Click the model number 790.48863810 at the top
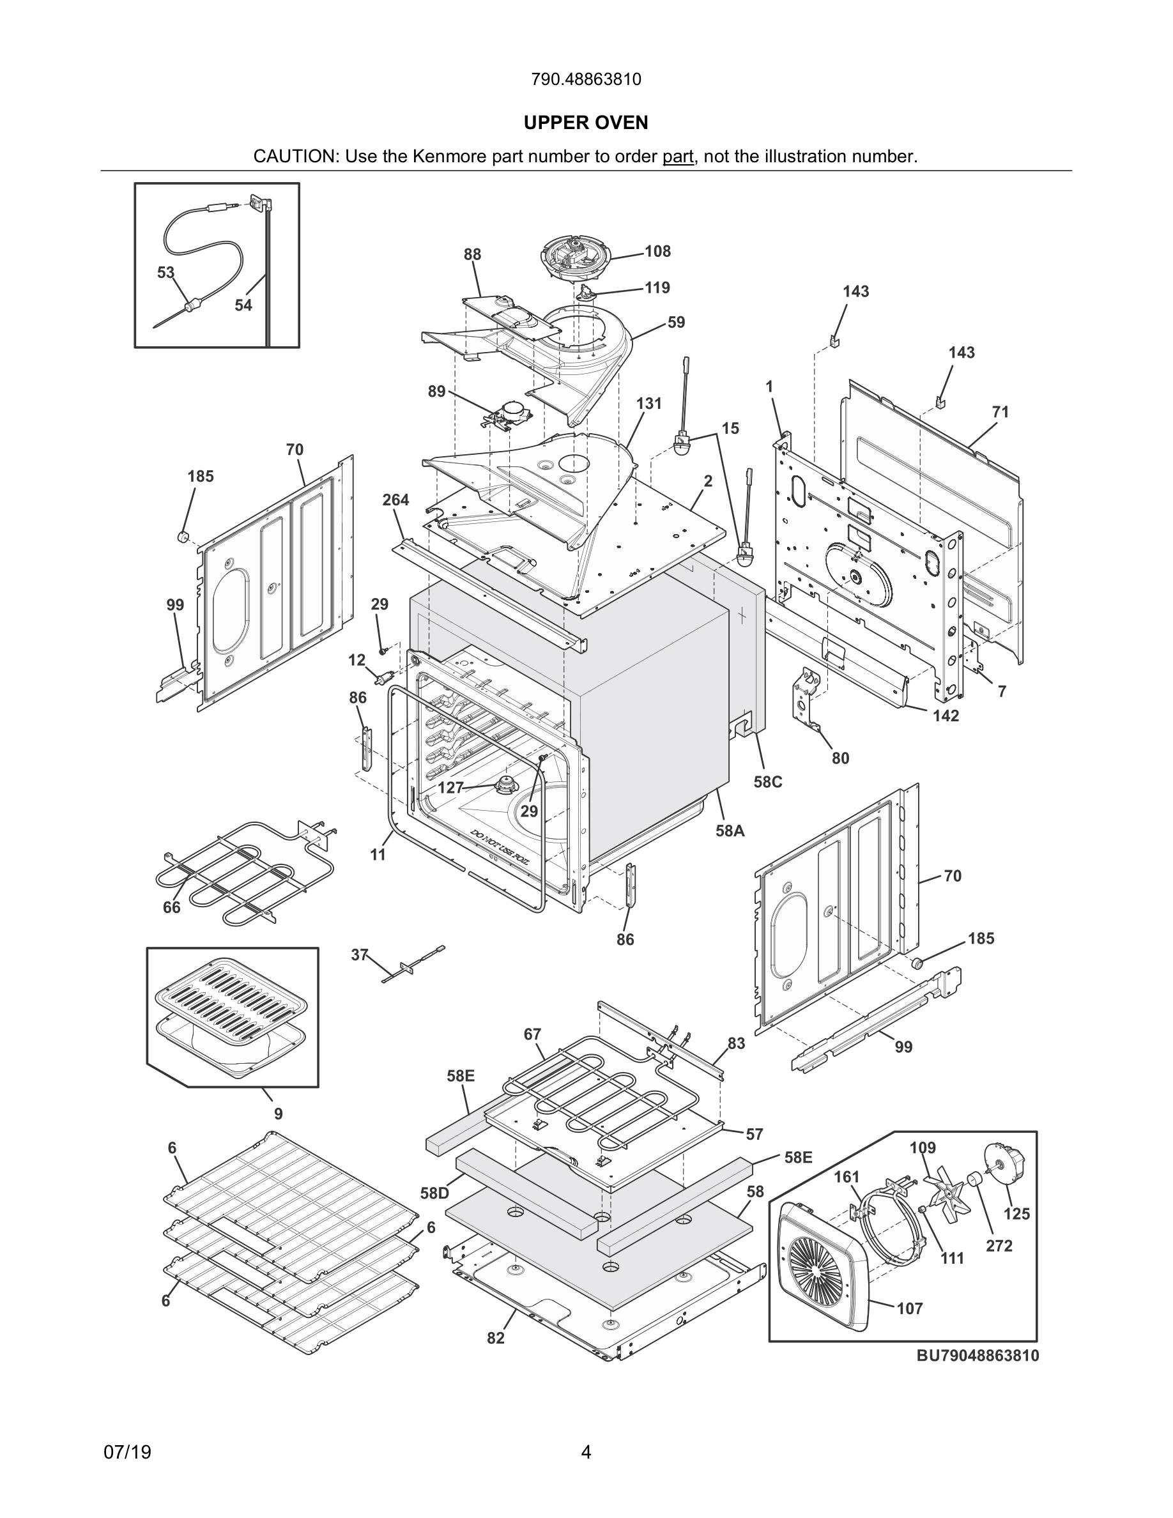pyautogui.click(x=586, y=80)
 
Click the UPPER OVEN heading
pyautogui.click(x=586, y=123)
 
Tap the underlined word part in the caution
pyautogui.click(x=677, y=157)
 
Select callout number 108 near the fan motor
pyautogui.click(x=657, y=252)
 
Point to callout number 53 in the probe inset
pyautogui.click(x=165, y=272)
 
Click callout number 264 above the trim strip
pyautogui.click(x=395, y=500)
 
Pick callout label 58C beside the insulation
pyautogui.click(x=768, y=782)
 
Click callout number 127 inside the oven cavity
pyautogui.click(x=450, y=788)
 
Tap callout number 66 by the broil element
pyautogui.click(x=172, y=907)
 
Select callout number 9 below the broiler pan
pyautogui.click(x=278, y=1114)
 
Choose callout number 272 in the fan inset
pyautogui.click(x=999, y=1246)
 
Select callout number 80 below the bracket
pyautogui.click(x=840, y=758)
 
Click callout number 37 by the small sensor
pyautogui.click(x=359, y=955)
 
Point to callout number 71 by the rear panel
pyautogui.click(x=1000, y=412)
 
